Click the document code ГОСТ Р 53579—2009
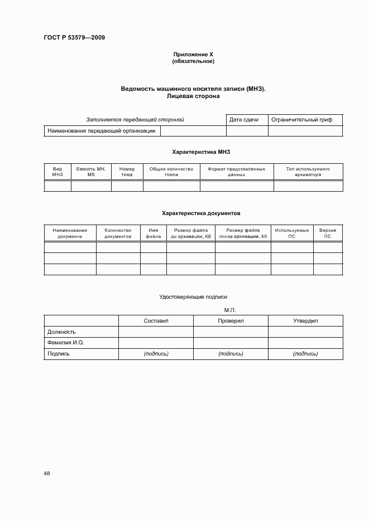click(74, 38)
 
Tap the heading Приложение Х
click(193, 55)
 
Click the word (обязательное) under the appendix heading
click(193, 61)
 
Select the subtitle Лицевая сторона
click(193, 96)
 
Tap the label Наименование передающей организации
click(102, 131)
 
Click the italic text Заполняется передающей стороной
click(135, 120)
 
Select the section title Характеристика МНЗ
click(193, 152)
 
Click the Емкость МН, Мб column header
click(90, 172)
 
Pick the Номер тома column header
click(127, 172)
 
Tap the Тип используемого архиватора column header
click(308, 172)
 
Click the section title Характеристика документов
click(193, 213)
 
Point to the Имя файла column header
click(153, 233)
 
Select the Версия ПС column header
click(327, 233)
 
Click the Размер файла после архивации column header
click(243, 233)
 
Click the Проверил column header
click(231, 321)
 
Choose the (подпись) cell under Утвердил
click(305, 354)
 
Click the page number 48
click(47, 474)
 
